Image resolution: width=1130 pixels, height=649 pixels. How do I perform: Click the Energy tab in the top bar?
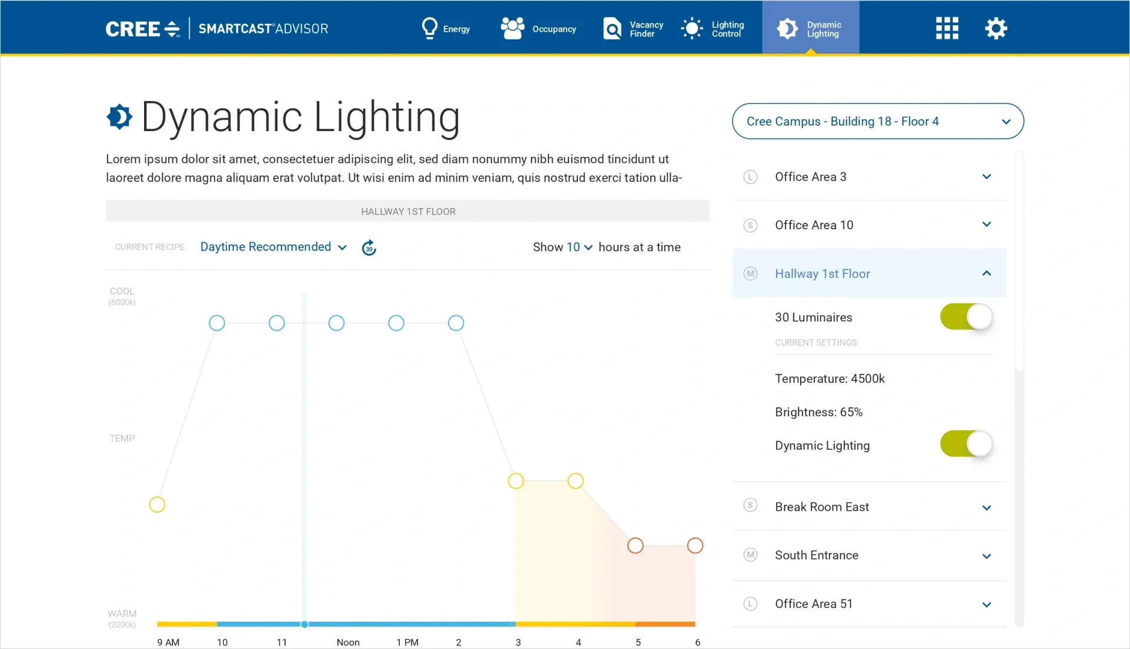pos(446,28)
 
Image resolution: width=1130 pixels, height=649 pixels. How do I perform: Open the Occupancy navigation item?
pos(538,28)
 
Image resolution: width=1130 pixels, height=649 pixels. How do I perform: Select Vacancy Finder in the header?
pos(633,28)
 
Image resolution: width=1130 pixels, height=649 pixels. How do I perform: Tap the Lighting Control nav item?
pos(713,28)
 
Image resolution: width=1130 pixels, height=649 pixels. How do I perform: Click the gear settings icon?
pos(996,28)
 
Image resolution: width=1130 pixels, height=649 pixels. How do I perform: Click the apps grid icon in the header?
pos(947,28)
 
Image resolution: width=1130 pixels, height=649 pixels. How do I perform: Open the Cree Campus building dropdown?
pos(877,121)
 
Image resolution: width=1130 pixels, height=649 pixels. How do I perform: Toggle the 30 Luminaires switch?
pos(966,317)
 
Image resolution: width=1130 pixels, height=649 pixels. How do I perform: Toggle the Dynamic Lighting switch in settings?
pos(966,444)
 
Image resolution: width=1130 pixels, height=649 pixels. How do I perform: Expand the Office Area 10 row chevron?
pos(987,225)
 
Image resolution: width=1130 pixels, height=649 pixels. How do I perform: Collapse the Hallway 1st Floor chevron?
pos(987,273)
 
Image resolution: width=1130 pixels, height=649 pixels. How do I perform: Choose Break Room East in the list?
pos(821,507)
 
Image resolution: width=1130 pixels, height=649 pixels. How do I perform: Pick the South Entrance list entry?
pos(816,555)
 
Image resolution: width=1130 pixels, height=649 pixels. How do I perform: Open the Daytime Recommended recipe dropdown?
pos(273,247)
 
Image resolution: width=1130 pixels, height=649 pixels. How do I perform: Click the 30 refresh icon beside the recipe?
pos(369,247)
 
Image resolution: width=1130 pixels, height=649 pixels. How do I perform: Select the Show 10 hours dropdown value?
pos(579,247)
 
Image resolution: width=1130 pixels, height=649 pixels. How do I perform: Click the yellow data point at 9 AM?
pos(157,504)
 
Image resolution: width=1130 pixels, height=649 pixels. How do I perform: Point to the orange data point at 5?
pos(635,546)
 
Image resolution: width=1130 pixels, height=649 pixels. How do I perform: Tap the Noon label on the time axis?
pos(348,642)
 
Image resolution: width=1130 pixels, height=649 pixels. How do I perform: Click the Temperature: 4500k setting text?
pos(830,379)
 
